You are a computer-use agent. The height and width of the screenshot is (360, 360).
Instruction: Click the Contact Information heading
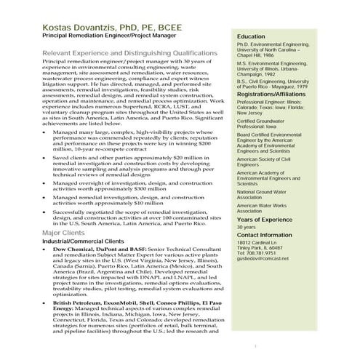point(268,235)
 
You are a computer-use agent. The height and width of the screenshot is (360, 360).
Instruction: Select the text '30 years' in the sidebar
point(247,227)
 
